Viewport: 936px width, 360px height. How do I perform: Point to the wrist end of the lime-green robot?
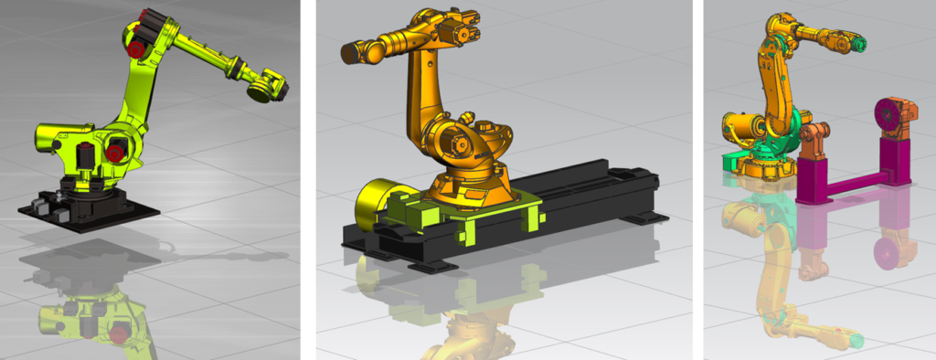click(x=267, y=84)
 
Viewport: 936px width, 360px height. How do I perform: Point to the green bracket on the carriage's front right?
click(x=531, y=218)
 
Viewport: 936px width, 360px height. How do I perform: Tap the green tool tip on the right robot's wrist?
click(x=859, y=43)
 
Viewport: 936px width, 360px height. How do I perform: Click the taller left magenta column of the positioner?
click(x=811, y=178)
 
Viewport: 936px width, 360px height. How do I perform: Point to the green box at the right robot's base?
click(x=732, y=163)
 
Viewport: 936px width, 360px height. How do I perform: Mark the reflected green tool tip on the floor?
click(x=857, y=340)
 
